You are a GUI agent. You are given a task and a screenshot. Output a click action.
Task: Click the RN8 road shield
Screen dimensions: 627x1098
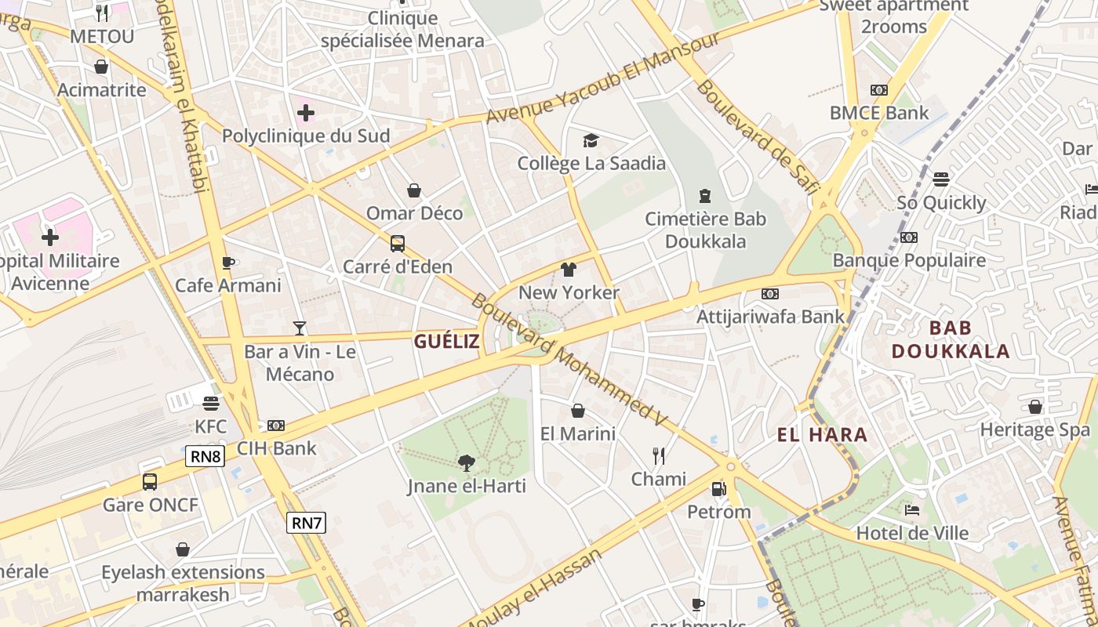tap(205, 456)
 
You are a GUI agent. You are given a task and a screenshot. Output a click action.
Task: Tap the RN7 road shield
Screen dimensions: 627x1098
tap(306, 523)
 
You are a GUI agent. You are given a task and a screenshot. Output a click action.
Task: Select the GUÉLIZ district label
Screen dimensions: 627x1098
tap(446, 341)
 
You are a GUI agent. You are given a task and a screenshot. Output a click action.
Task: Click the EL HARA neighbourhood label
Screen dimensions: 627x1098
tap(822, 435)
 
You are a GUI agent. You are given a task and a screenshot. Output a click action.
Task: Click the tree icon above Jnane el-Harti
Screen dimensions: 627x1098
tap(466, 463)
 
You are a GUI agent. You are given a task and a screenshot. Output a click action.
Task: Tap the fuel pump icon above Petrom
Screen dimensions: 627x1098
tap(718, 489)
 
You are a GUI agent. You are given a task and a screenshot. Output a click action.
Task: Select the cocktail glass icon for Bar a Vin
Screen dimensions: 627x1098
tap(300, 328)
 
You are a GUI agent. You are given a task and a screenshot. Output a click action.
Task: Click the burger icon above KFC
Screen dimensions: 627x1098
tap(210, 404)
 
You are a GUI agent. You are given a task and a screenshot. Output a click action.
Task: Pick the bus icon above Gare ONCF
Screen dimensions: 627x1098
tap(150, 481)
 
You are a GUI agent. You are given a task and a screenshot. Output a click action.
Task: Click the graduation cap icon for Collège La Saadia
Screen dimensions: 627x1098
tap(591, 140)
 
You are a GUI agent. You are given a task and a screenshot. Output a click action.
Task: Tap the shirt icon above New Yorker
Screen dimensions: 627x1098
tap(569, 270)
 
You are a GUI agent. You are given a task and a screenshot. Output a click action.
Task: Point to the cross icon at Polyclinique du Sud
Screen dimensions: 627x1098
tap(306, 113)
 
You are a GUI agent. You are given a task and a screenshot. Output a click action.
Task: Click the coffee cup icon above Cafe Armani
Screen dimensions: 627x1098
tap(227, 263)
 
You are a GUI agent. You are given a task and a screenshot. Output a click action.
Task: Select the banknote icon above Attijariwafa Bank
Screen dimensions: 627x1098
tap(770, 294)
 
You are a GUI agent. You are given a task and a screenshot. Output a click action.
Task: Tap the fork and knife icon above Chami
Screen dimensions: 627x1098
tap(659, 455)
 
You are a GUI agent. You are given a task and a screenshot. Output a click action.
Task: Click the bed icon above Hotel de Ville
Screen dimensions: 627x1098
tap(912, 510)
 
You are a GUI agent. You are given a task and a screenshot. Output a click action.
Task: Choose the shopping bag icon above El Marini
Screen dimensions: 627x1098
tap(578, 411)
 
